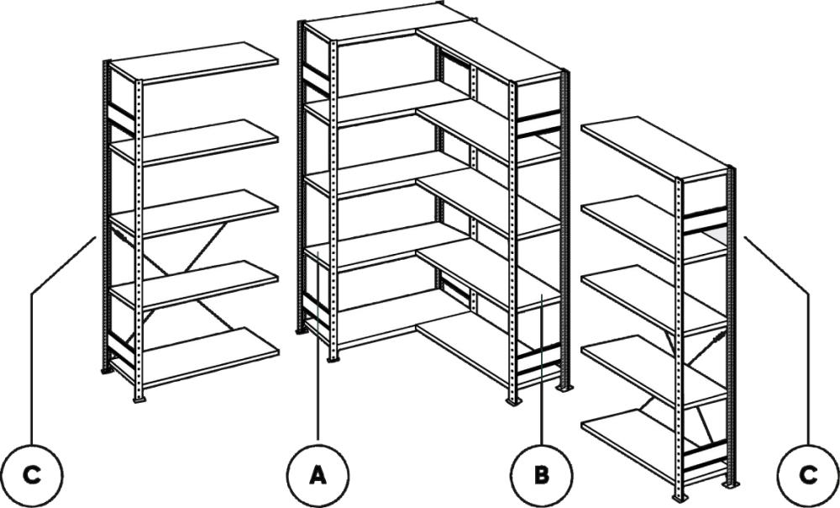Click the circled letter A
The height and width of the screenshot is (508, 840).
pyautogui.click(x=318, y=475)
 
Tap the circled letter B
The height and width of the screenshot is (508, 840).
pyautogui.click(x=541, y=475)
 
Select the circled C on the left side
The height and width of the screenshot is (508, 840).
pyautogui.click(x=32, y=475)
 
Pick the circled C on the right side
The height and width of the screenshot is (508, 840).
pyautogui.click(x=808, y=475)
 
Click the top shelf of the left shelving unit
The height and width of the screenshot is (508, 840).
pyautogui.click(x=194, y=62)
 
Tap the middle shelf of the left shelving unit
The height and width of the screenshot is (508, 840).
pyautogui.click(x=194, y=213)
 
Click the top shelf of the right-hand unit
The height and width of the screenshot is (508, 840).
pyautogui.click(x=654, y=149)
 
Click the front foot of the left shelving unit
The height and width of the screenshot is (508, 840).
pyautogui.click(x=139, y=400)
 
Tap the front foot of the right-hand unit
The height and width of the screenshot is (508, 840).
pyautogui.click(x=680, y=498)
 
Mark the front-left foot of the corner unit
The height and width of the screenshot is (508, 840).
pyautogui.click(x=333, y=357)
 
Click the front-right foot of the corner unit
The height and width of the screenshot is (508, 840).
pyautogui.click(x=513, y=401)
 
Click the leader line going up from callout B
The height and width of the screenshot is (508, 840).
pyautogui.click(x=541, y=369)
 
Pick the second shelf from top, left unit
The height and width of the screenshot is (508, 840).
pyautogui.click(x=194, y=141)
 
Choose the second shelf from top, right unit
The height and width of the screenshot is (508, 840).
pyautogui.click(x=654, y=227)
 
